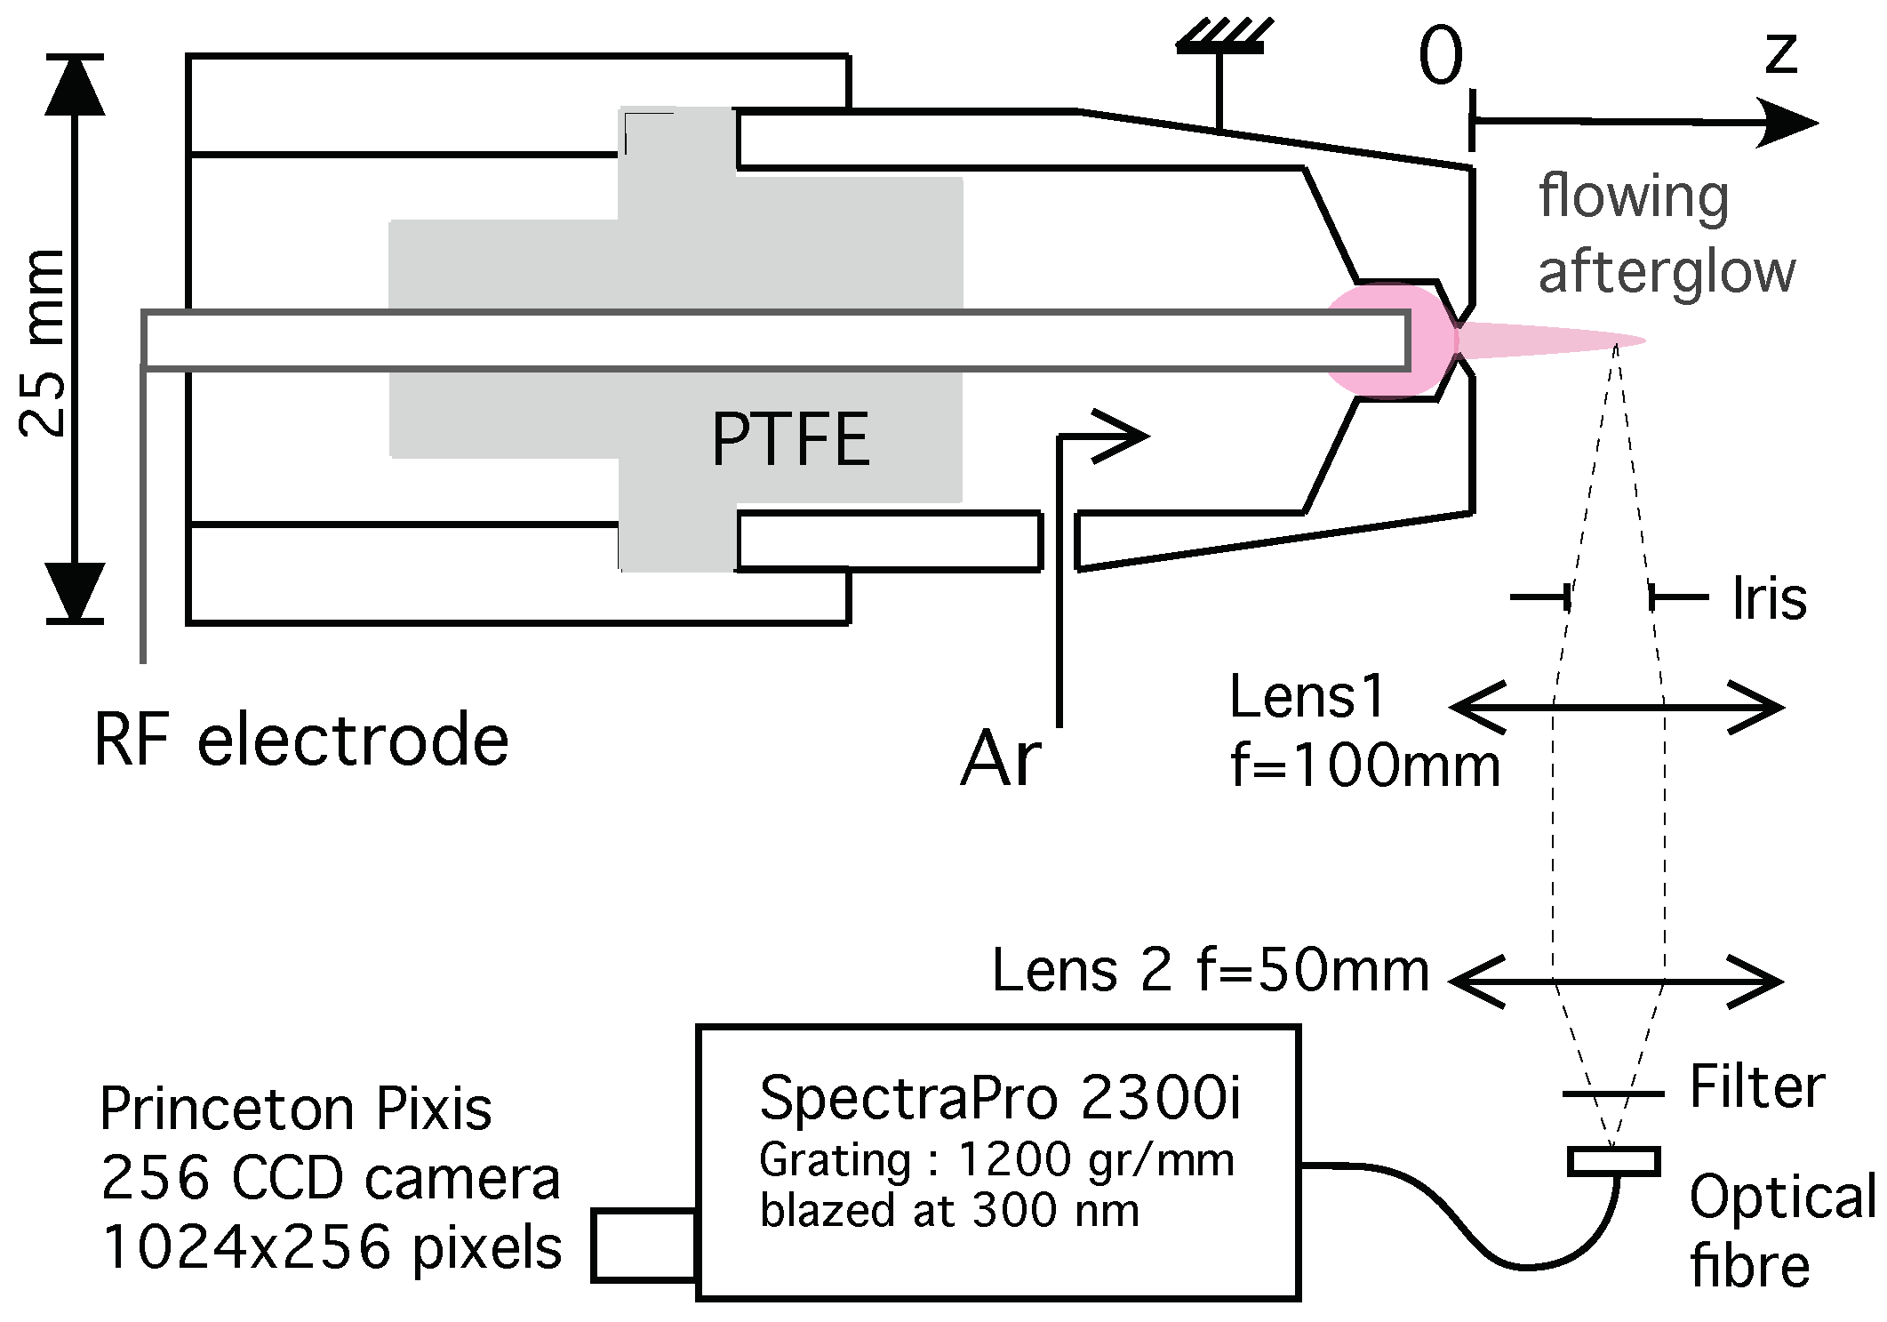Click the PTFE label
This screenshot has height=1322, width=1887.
pos(789,439)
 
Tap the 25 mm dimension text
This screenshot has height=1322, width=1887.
pos(43,342)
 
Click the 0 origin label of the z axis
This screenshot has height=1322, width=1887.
pos(1440,56)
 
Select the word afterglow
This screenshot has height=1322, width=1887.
pos(1667,271)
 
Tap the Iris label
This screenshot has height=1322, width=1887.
pos(1770,599)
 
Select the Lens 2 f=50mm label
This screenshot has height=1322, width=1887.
pos(1211,970)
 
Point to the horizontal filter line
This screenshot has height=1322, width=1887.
pos(1612,1094)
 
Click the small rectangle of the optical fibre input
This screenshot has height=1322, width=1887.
pos(1613,1161)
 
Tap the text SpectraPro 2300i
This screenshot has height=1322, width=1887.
pos(1000,1098)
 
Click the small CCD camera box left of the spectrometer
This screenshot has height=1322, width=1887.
pos(644,1245)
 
